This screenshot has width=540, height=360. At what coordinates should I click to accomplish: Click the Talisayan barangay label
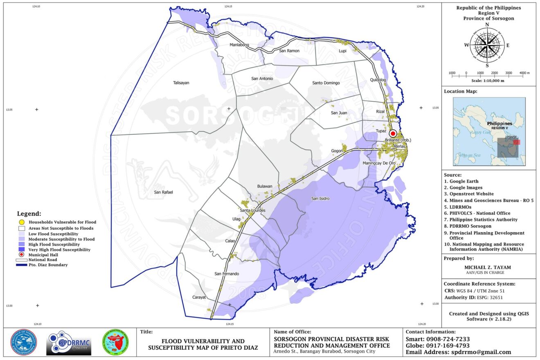(x=181, y=83)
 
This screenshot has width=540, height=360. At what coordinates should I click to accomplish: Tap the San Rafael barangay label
(x=164, y=192)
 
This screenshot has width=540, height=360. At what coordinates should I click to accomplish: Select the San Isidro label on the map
(x=320, y=199)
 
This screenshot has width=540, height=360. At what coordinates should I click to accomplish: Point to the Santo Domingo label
(x=326, y=83)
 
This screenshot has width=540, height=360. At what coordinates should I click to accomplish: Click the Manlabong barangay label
(x=239, y=45)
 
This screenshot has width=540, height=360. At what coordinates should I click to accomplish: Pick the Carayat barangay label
(x=199, y=297)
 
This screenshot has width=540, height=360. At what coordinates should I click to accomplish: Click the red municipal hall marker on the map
(x=393, y=133)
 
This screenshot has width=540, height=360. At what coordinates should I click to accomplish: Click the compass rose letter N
(x=487, y=25)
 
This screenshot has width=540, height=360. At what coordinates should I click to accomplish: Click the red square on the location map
(x=517, y=142)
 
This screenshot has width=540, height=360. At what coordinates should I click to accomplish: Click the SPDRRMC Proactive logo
(x=69, y=343)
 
